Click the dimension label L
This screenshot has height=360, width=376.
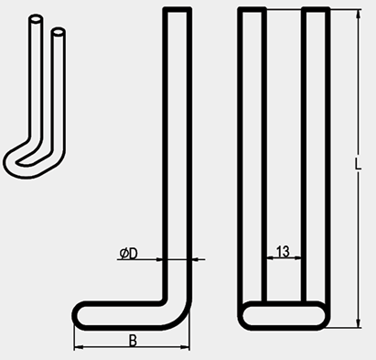point(358,164)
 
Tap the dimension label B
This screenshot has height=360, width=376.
point(133,341)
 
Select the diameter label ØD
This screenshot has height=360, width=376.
point(129,254)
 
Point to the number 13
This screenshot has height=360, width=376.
point(283,251)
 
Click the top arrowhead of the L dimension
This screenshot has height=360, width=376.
point(359,15)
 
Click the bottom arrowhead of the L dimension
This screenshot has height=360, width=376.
point(359,323)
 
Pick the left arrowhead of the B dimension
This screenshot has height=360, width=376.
point(79,347)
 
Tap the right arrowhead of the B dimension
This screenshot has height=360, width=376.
point(185,347)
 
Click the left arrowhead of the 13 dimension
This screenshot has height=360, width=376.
point(270,258)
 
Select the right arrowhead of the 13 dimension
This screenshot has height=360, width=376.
point(298,258)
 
